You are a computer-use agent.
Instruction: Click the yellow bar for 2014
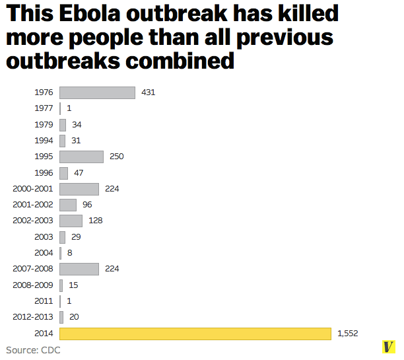pyautogui.click(x=195, y=334)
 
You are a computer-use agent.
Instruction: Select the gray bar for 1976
pyautogui.click(x=97, y=92)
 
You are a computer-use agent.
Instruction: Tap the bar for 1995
pyautogui.click(x=81, y=157)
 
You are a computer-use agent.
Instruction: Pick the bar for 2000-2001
pyautogui.click(x=79, y=189)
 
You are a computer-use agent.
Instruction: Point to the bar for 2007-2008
pyautogui.click(x=79, y=269)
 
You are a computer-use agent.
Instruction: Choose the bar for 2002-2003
pyautogui.click(x=71, y=221)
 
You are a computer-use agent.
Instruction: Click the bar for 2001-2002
pyautogui.click(x=68, y=205)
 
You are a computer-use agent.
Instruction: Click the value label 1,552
pyautogui.click(x=347, y=334)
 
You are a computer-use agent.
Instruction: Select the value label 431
pyautogui.click(x=148, y=92)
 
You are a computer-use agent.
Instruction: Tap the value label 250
pyautogui.click(x=116, y=157)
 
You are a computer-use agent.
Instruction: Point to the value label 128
pyautogui.click(x=95, y=221)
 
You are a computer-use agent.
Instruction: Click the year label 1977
pyautogui.click(x=44, y=108)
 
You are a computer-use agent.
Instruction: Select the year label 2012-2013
pyautogui.click(x=33, y=317)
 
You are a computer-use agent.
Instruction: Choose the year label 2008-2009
pyautogui.click(x=33, y=285)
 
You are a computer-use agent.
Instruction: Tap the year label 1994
pyautogui.click(x=44, y=141)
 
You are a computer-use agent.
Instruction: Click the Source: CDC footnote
pyautogui.click(x=33, y=350)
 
